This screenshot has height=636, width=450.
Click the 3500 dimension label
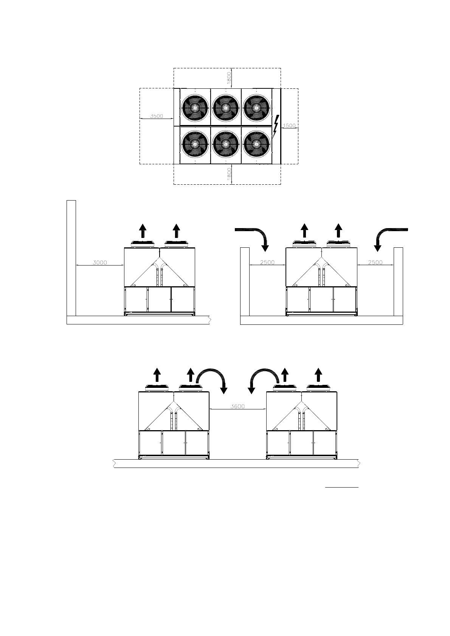157,116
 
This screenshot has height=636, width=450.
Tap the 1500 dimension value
289,126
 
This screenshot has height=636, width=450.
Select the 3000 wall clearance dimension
100,262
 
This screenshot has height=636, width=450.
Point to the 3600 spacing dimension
238,406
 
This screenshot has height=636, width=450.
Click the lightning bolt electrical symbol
276,126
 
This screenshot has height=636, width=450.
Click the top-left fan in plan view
195,108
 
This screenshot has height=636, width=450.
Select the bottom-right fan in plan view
256,144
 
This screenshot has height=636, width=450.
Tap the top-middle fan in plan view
226,108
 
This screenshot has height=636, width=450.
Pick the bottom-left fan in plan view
195,144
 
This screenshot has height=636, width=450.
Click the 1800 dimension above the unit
229,79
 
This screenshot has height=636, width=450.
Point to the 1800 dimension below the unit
229,174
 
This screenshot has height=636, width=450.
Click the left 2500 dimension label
267,262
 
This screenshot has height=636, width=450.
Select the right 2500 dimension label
375,262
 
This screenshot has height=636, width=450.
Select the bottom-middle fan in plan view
226,144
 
